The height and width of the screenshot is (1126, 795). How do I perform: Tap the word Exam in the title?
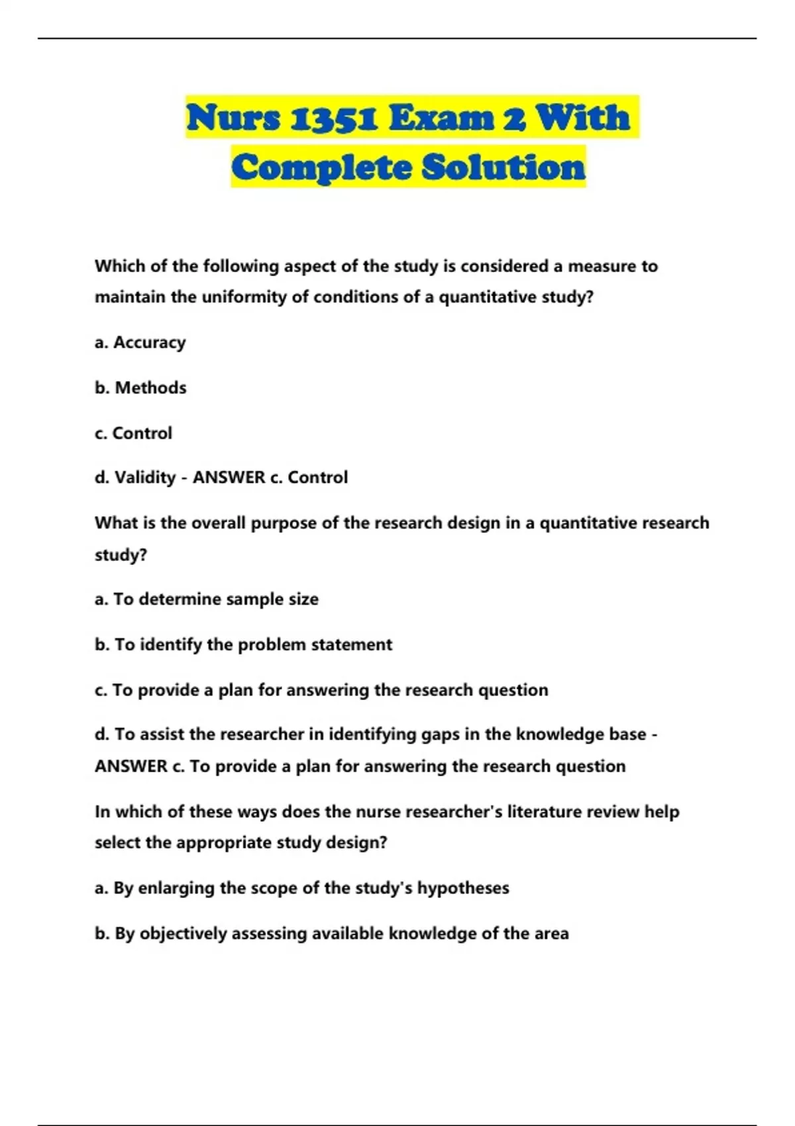pyautogui.click(x=441, y=118)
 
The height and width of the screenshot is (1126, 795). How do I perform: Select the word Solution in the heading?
pyautogui.click(x=503, y=167)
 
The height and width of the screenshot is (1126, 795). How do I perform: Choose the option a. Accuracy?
pyautogui.click(x=140, y=342)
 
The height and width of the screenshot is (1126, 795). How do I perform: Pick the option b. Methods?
pyautogui.click(x=140, y=387)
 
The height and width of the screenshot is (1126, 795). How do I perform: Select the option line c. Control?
pyautogui.click(x=133, y=433)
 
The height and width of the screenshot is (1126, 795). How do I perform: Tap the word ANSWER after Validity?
pyautogui.click(x=229, y=478)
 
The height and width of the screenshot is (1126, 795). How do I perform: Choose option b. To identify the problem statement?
pyautogui.click(x=243, y=644)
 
